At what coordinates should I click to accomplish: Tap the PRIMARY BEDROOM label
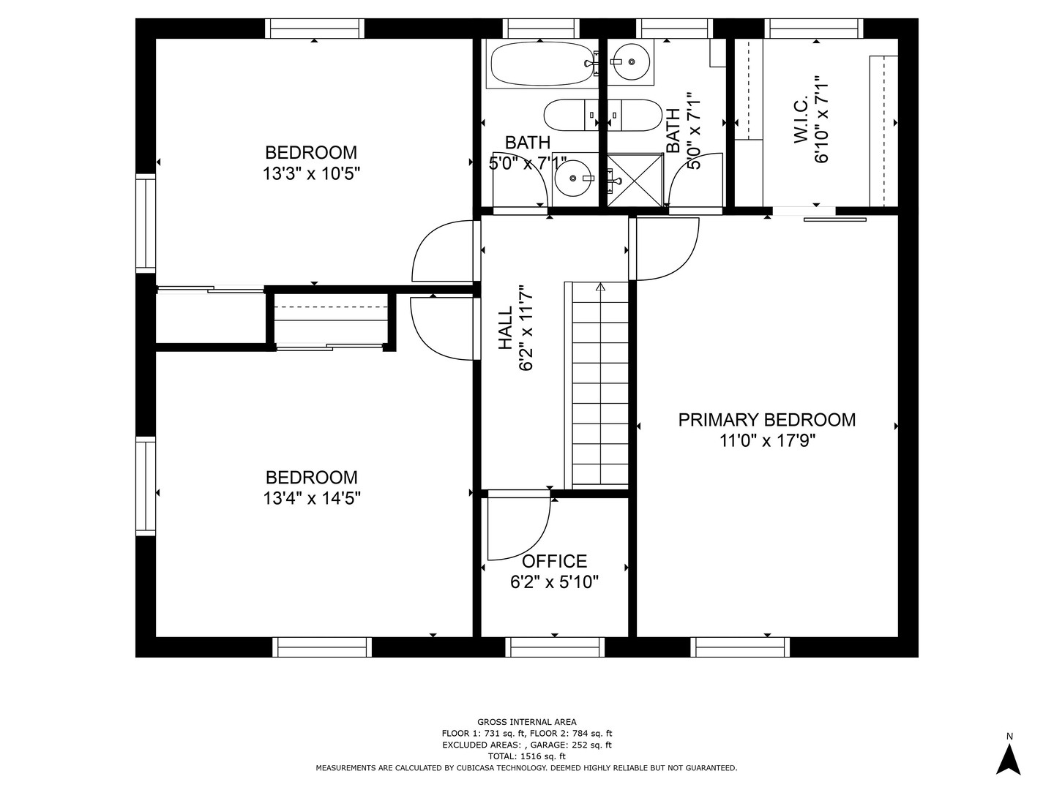coord(767,420)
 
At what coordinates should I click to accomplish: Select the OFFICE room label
coord(554,561)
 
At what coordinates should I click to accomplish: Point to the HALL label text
coord(505,328)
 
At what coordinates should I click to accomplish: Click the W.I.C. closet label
coord(801,119)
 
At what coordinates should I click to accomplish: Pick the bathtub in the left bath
coord(542,64)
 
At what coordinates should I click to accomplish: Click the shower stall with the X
coord(635,180)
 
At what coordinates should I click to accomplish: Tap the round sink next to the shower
coord(573,178)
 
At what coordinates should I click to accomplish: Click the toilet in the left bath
coord(572,115)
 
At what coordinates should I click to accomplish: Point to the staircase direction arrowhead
coord(600,287)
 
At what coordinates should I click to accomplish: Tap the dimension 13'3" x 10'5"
coord(311,173)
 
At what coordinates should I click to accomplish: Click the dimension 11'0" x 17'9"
coord(767,440)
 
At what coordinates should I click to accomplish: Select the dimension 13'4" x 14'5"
coord(312,498)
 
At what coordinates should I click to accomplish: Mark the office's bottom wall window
coord(555,647)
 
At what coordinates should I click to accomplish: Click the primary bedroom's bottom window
coord(740,647)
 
